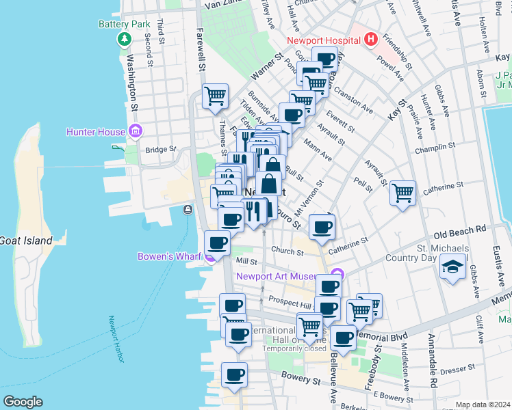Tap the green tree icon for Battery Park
tap(124, 38)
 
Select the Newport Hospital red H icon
tap(370, 40)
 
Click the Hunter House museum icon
tap(136, 131)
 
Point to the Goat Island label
tap(26, 241)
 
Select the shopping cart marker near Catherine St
tap(403, 193)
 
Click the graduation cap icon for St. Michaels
tap(452, 267)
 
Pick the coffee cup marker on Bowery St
tap(234, 375)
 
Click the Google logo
tap(22, 402)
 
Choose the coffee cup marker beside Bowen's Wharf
tap(218, 242)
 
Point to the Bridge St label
tap(160, 149)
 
